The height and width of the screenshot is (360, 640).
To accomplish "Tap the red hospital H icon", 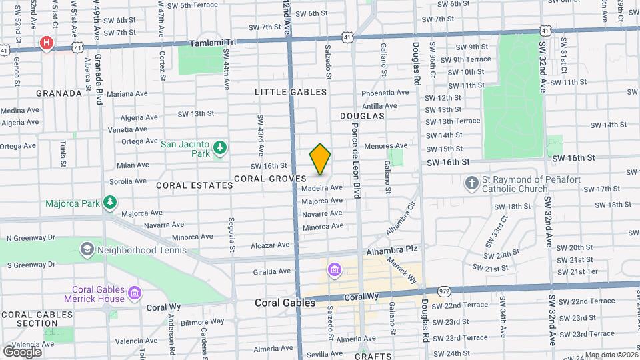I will coord(46,44).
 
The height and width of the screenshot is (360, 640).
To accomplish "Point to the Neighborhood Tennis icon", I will coord(86,250).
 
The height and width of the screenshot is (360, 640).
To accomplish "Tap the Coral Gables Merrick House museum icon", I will coord(135,293).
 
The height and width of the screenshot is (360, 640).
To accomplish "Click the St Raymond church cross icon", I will coord(472,183).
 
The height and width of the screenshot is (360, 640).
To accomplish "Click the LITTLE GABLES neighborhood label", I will coord(291,92).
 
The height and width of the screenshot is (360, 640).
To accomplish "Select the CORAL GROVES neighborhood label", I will coord(270,179).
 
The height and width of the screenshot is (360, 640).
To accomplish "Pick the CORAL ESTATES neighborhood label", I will coord(195,185).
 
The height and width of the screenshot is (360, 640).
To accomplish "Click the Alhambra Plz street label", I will coord(391,249).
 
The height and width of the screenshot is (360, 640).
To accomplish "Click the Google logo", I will coord(23,351).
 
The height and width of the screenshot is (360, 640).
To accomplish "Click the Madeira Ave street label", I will coord(322,188).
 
